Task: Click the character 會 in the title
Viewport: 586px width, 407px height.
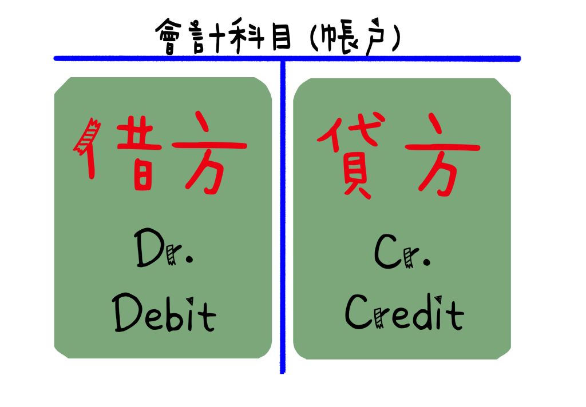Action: pyautogui.click(x=169, y=36)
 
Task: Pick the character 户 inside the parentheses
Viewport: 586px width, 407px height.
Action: pyautogui.click(x=375, y=37)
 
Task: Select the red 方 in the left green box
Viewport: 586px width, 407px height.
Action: pyautogui.click(x=209, y=153)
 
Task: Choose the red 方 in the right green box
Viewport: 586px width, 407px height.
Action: pyautogui.click(x=442, y=154)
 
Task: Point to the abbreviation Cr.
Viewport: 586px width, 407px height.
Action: pyautogui.click(x=402, y=251)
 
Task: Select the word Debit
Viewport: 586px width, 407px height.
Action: pyautogui.click(x=164, y=313)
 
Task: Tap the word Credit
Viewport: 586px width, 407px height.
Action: pyautogui.click(x=405, y=312)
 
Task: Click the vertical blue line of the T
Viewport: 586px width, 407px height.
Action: pyautogui.click(x=283, y=217)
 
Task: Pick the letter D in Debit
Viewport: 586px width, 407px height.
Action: pyautogui.click(x=126, y=313)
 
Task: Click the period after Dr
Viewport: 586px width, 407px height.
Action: pyautogui.click(x=189, y=259)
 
